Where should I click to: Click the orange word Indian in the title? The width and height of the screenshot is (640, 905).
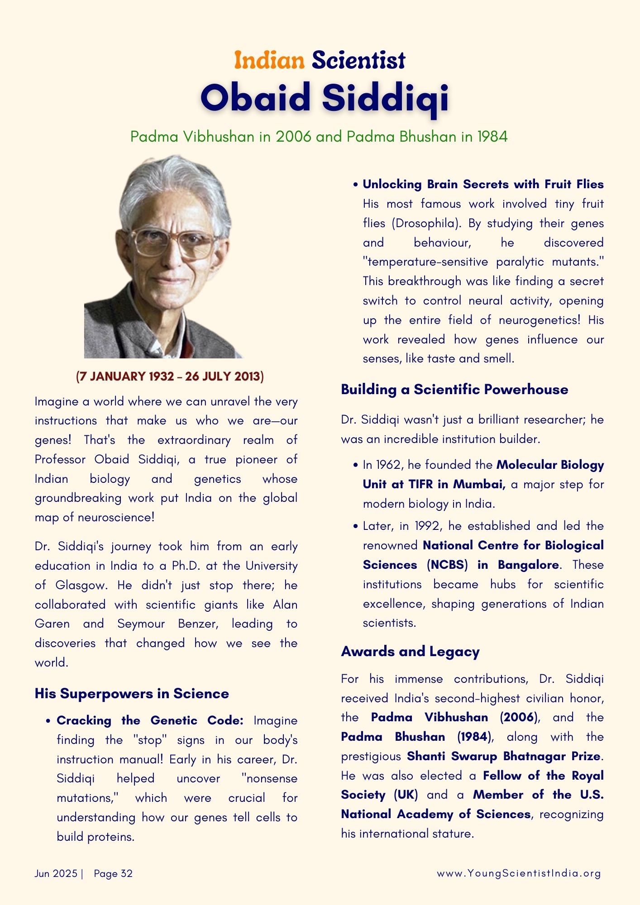(269, 61)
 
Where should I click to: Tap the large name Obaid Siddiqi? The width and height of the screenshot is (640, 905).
(324, 98)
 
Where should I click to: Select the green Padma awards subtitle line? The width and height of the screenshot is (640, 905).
(319, 137)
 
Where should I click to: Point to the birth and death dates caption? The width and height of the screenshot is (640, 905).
(170, 376)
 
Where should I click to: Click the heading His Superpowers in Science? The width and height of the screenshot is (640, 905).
(132, 694)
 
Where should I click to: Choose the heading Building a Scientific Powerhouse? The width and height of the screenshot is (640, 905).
(454, 390)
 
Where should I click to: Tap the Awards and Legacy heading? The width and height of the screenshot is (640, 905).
(410, 652)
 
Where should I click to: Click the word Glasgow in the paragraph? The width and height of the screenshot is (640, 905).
(81, 586)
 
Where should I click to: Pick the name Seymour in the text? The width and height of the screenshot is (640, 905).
(141, 624)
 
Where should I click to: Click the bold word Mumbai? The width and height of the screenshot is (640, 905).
(479, 485)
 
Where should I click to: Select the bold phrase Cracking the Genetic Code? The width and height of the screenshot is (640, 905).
(150, 721)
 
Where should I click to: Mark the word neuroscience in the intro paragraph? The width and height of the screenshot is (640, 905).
(116, 518)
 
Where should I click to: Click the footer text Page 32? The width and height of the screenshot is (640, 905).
(113, 874)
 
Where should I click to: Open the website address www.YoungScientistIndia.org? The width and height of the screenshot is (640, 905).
(519, 874)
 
